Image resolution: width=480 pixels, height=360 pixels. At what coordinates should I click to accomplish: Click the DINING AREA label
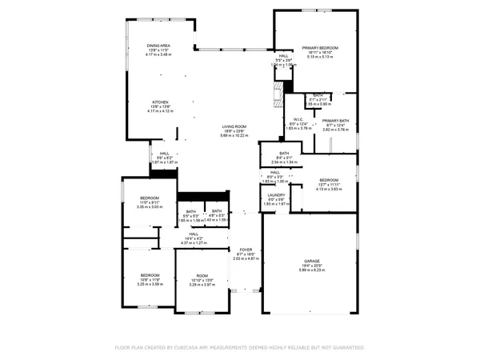coord(158,46)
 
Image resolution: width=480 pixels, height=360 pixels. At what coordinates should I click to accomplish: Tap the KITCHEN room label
coord(162,102)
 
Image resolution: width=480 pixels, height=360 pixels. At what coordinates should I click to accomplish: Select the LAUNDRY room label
coord(277,194)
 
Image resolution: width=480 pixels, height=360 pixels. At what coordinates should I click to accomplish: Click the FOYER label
coord(246,249)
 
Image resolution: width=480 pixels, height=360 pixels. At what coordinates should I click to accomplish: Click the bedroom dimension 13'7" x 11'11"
coord(330,184)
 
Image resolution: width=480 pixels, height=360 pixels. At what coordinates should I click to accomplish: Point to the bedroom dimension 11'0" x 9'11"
coord(150,202)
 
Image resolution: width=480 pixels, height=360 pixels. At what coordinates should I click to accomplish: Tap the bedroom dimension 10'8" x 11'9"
coord(150,279)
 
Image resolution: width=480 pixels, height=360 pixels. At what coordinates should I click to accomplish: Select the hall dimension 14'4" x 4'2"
coord(194,238)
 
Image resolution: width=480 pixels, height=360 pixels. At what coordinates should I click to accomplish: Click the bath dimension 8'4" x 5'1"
coord(283,158)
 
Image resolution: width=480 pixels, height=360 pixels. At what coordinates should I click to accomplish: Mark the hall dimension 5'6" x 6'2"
coord(164,158)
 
